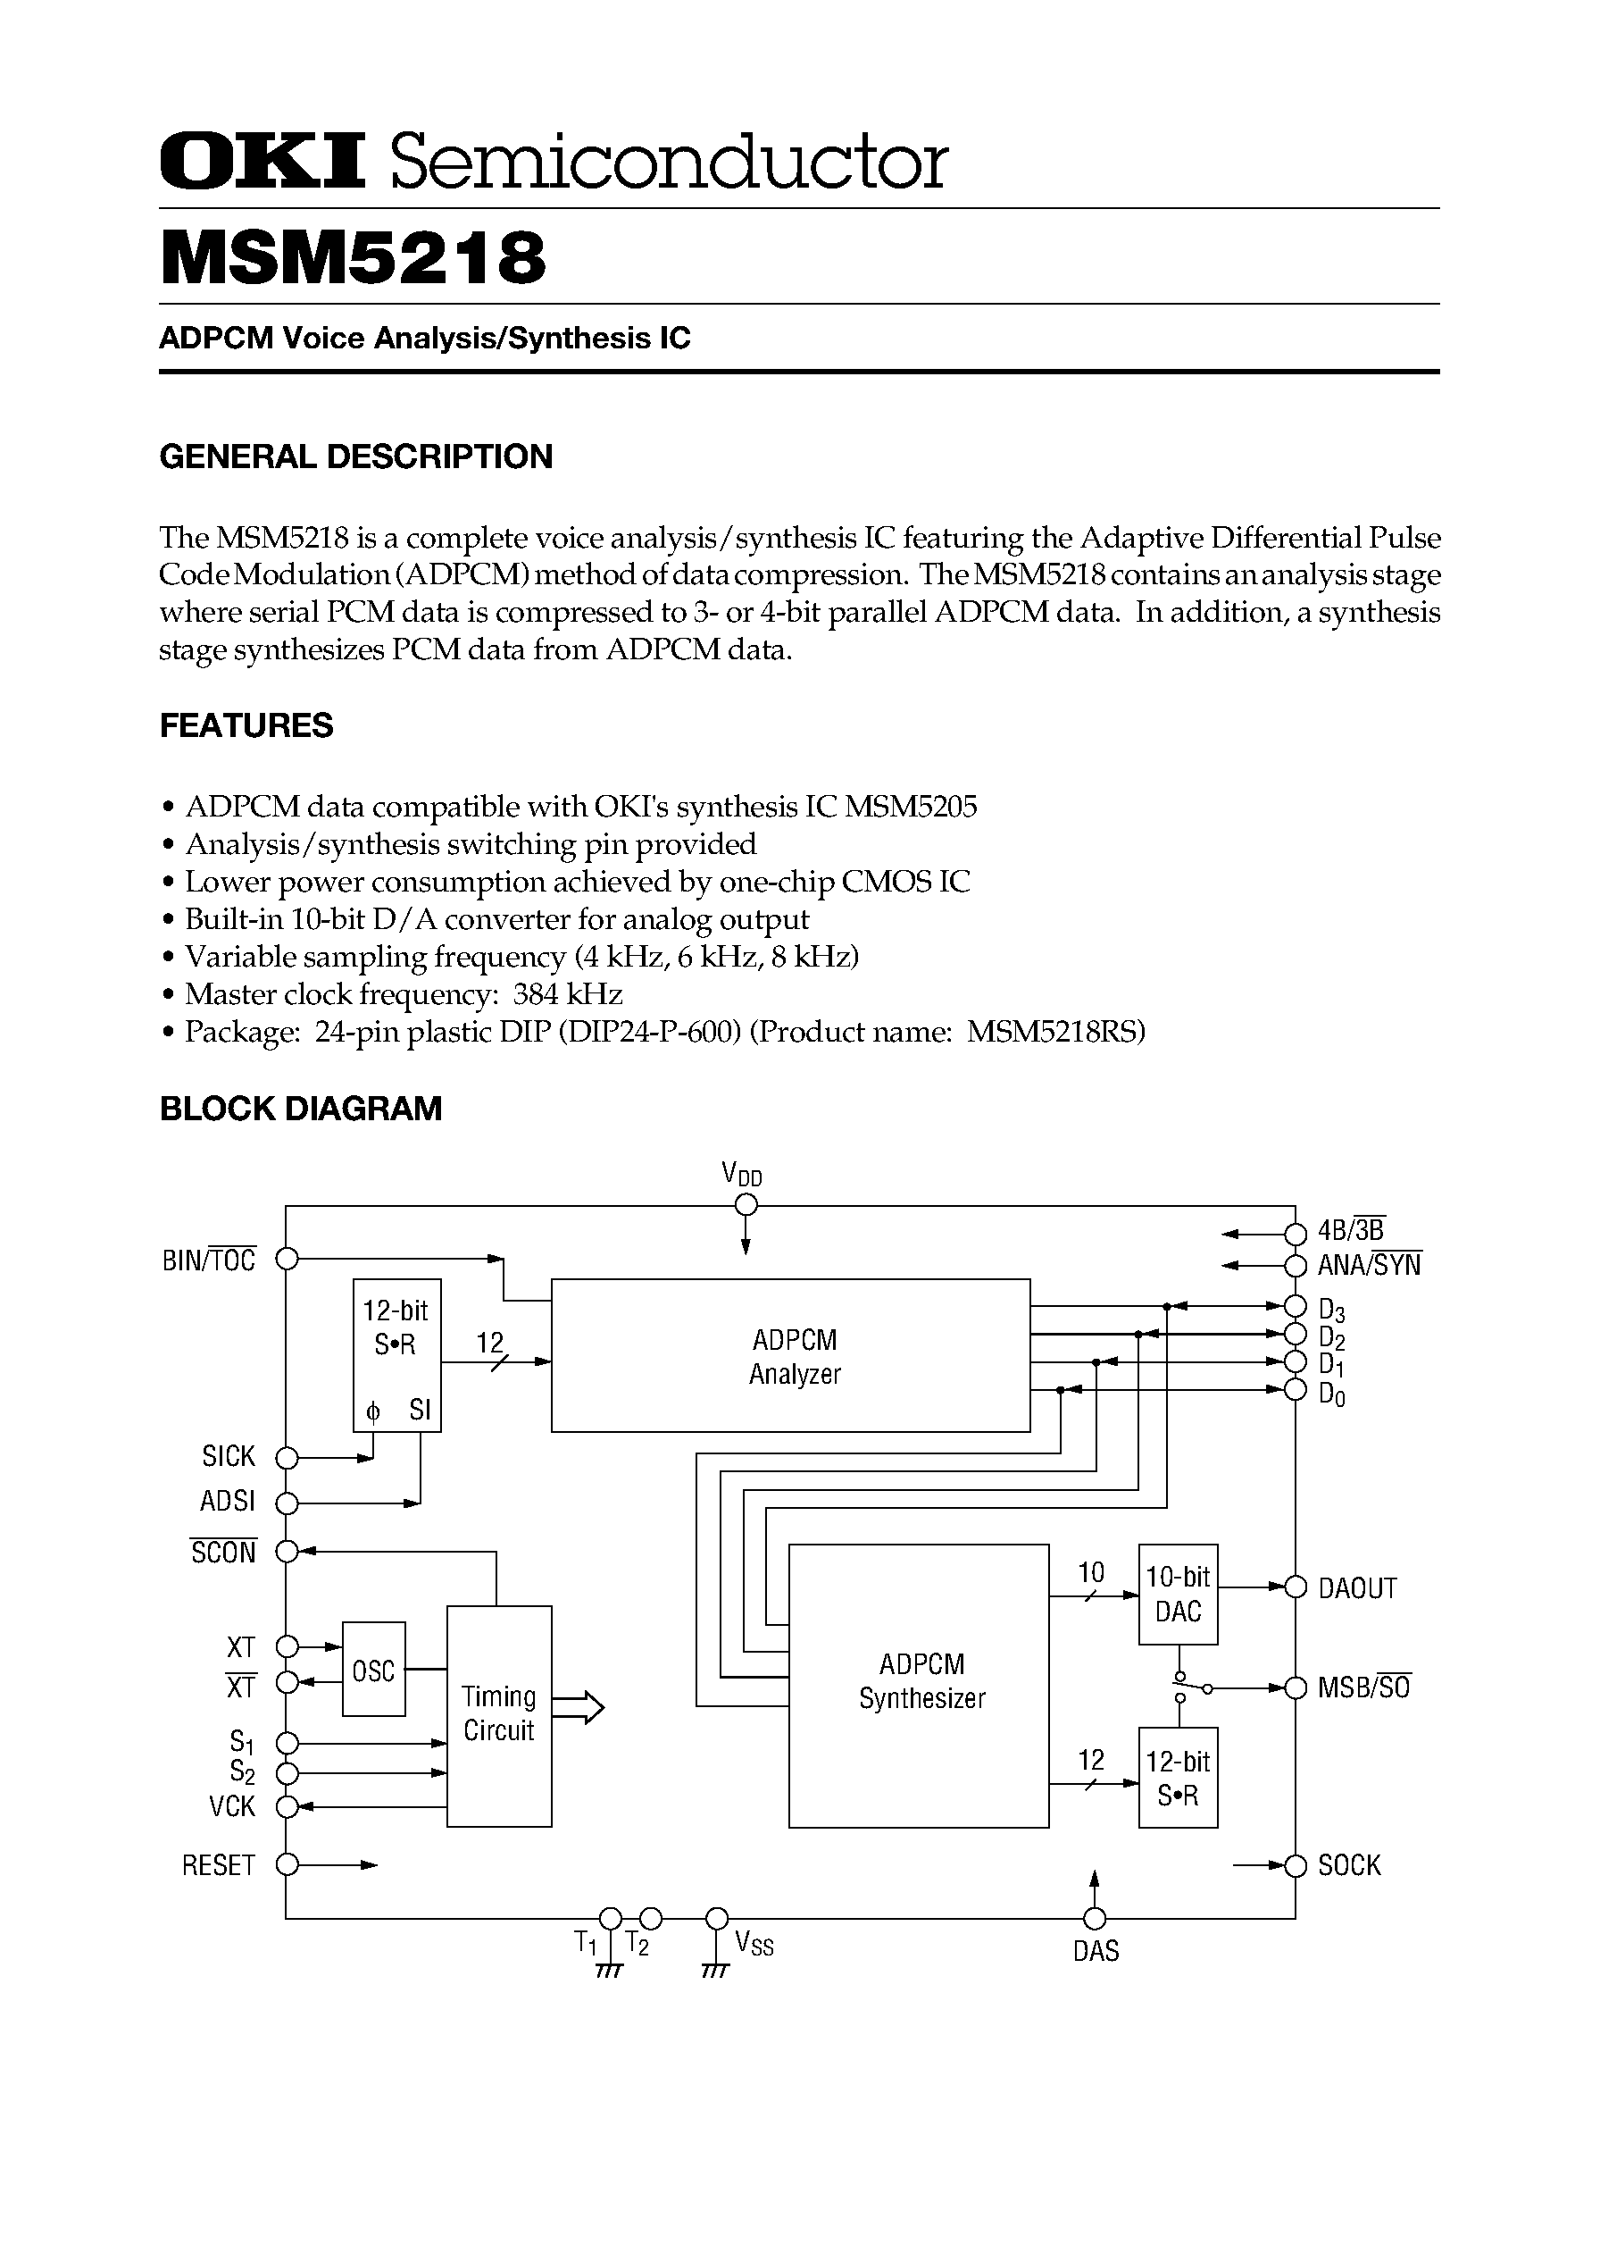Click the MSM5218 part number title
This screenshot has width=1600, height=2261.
pos(353,258)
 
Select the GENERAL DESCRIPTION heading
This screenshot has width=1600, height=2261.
pos(355,456)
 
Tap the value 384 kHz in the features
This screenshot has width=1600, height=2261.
pos(568,993)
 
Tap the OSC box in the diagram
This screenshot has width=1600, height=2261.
pos(373,1670)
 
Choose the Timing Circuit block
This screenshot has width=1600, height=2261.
pos(498,1715)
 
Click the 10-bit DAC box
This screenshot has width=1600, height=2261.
pos(1178,1594)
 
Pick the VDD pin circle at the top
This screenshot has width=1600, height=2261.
pos(746,1204)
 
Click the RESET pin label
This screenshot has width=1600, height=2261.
pos(219,1864)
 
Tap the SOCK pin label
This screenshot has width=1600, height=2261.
pos(1350,1864)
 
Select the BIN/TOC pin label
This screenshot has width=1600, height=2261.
pos(209,1260)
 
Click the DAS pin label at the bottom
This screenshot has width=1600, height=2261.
pos(1096,1950)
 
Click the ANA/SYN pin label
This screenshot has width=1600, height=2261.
pos(1370,1266)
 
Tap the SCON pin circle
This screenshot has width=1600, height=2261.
pos(287,1552)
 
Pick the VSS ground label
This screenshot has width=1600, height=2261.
pos(754,1944)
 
